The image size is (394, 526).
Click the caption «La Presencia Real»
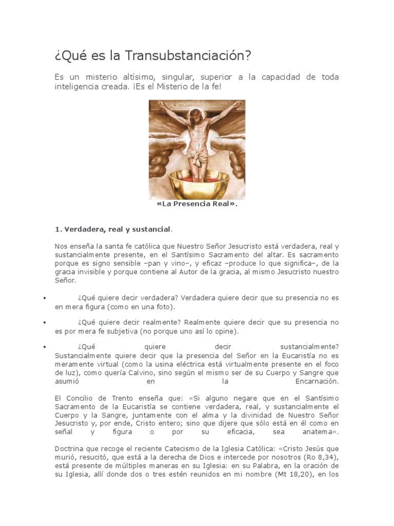click(x=197, y=204)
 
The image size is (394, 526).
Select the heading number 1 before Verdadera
click(x=57, y=229)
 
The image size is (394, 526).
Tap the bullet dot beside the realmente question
click(x=45, y=323)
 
